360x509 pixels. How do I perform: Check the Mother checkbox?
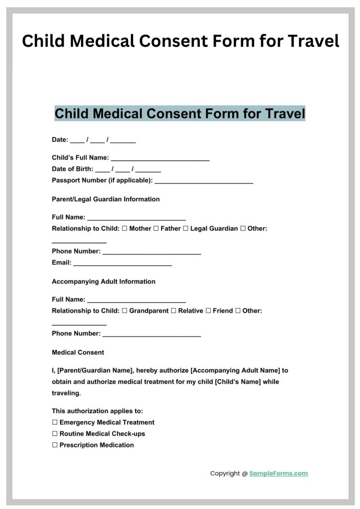(125, 229)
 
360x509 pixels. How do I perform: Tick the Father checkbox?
(156, 229)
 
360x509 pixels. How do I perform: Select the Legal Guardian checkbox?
(185, 229)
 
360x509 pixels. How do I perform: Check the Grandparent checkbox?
(125, 311)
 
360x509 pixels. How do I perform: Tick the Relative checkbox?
(174, 311)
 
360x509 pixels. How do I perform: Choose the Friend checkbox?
(208, 311)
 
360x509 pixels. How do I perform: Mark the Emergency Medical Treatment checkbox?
(55, 423)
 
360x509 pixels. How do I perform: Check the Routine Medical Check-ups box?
(55, 434)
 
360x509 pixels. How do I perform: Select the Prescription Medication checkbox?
(55, 445)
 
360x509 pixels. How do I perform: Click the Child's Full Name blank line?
(160, 159)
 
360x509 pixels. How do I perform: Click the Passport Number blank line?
(204, 181)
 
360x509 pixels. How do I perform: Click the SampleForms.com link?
(278, 474)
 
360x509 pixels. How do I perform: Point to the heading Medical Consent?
(78, 352)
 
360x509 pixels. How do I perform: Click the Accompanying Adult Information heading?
(103, 281)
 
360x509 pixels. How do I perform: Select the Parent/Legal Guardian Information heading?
(106, 199)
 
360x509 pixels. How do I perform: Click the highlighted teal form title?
(180, 113)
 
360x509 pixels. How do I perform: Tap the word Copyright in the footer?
(225, 474)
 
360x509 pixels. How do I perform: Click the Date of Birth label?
(72, 169)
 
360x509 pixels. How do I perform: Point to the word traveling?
(66, 393)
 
